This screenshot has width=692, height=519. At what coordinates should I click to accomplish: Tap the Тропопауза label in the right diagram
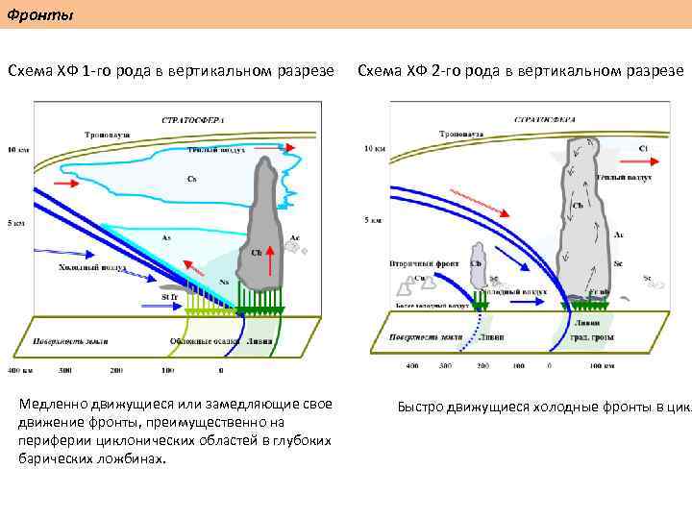pyautogui.click(x=460, y=134)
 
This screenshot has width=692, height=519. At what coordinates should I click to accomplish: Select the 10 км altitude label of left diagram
pyautogui.click(x=18, y=150)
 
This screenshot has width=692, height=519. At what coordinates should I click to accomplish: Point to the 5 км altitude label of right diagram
pyautogui.click(x=373, y=220)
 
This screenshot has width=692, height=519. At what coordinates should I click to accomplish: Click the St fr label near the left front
pyautogui.click(x=170, y=298)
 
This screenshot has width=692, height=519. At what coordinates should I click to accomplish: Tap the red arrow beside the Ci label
pyautogui.click(x=617, y=150)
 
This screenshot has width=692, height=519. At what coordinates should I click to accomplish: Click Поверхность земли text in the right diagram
pyautogui.click(x=427, y=336)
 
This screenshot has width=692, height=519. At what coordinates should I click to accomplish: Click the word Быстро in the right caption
pyautogui.click(x=420, y=407)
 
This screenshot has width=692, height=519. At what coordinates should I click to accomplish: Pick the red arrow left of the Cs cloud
pyautogui.click(x=70, y=182)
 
